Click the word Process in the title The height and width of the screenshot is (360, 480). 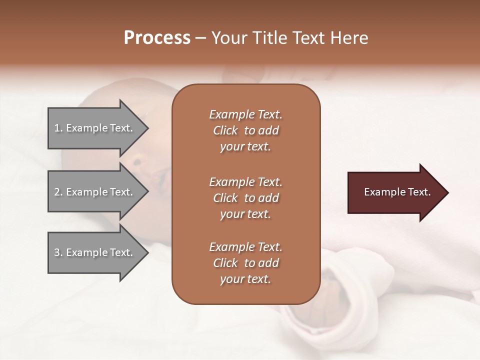pyautogui.click(x=157, y=38)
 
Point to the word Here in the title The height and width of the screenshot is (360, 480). pyautogui.click(x=350, y=38)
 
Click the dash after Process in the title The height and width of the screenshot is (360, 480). pyautogui.click(x=200, y=38)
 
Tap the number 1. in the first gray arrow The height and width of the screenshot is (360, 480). pyautogui.click(x=58, y=128)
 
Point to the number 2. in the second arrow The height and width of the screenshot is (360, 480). pyautogui.click(x=58, y=192)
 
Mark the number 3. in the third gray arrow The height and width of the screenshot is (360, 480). pyautogui.click(x=58, y=252)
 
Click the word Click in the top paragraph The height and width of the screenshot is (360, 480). pyautogui.click(x=225, y=130)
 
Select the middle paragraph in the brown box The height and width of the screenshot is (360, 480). pyautogui.click(x=245, y=198)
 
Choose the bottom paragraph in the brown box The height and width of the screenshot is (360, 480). pyautogui.click(x=245, y=263)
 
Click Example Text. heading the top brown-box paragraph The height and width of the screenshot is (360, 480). pyautogui.click(x=245, y=114)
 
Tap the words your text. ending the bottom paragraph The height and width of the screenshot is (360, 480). pyautogui.click(x=245, y=279)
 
